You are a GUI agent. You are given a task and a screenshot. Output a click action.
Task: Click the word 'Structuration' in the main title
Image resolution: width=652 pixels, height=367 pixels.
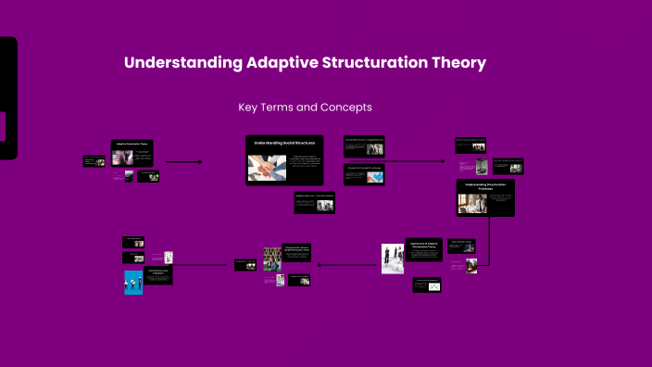(x=370, y=63)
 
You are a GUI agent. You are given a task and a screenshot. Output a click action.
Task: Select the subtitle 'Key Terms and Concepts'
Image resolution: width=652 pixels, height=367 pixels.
(x=305, y=108)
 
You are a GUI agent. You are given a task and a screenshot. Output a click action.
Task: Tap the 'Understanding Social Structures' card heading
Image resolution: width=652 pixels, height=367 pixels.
(x=285, y=144)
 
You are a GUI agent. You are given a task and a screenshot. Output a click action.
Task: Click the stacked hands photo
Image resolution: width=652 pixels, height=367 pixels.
(x=267, y=167)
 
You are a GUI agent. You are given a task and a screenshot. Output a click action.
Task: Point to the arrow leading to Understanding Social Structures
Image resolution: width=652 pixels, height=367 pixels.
(x=183, y=161)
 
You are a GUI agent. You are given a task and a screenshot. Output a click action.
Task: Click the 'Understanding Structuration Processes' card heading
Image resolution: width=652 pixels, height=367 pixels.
(x=485, y=186)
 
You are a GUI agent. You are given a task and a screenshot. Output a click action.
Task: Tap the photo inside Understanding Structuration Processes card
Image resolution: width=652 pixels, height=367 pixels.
(x=472, y=206)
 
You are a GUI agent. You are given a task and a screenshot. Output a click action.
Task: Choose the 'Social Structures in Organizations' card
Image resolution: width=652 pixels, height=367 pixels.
(x=364, y=145)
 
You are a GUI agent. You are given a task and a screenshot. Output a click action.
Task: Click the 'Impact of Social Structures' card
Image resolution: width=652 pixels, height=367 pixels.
(x=364, y=173)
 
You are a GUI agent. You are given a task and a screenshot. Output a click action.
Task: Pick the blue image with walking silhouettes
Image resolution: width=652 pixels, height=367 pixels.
(x=133, y=282)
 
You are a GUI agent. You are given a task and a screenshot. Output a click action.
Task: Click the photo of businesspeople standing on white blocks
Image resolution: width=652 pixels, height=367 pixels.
(x=393, y=259)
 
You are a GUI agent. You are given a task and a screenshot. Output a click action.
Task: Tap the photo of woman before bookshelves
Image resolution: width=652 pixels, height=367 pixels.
(x=272, y=259)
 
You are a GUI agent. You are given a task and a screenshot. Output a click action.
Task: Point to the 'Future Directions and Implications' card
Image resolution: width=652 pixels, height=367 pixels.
(x=160, y=275)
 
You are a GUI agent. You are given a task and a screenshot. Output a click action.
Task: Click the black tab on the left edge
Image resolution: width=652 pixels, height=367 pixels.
(x=7, y=98)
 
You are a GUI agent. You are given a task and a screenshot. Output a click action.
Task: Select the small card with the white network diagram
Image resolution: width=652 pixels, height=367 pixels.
(x=427, y=285)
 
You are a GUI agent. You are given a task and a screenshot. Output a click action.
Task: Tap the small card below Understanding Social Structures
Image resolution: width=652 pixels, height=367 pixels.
(x=314, y=203)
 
